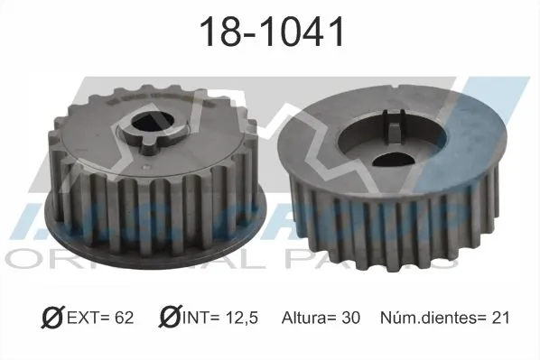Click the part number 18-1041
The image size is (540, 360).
click(x=270, y=32)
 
